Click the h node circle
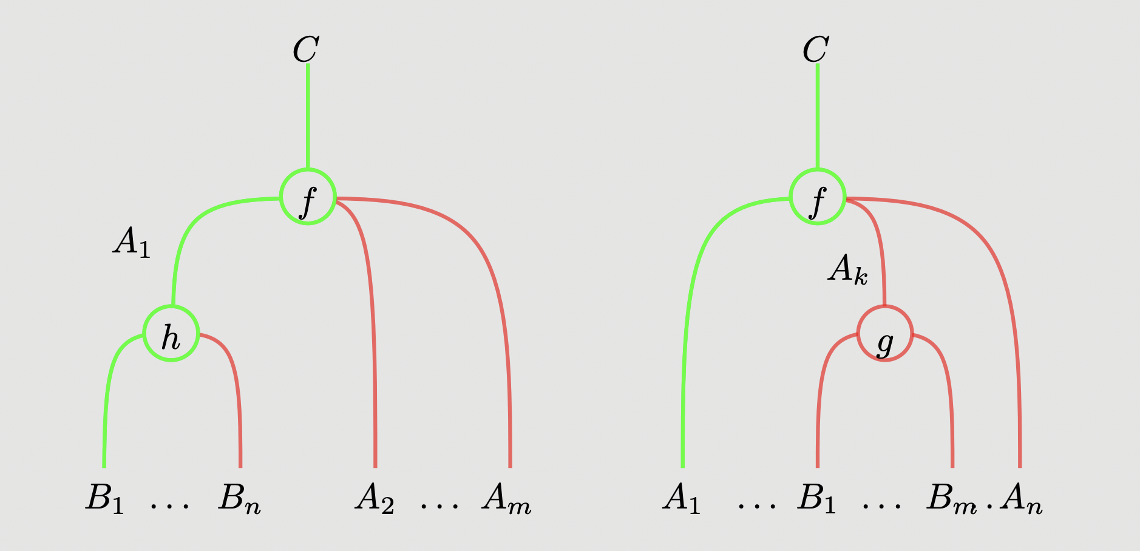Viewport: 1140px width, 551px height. pyautogui.click(x=171, y=333)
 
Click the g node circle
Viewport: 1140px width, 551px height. pyautogui.click(x=884, y=333)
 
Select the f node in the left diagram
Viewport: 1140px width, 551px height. pyautogui.click(x=308, y=197)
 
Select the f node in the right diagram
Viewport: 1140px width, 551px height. pyautogui.click(x=818, y=197)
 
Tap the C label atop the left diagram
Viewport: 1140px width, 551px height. pyautogui.click(x=305, y=50)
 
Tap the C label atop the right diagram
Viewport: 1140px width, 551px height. pyautogui.click(x=815, y=50)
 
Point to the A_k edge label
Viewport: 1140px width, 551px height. pyautogui.click(x=847, y=269)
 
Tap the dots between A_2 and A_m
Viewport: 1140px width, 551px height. pyautogui.click(x=439, y=504)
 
